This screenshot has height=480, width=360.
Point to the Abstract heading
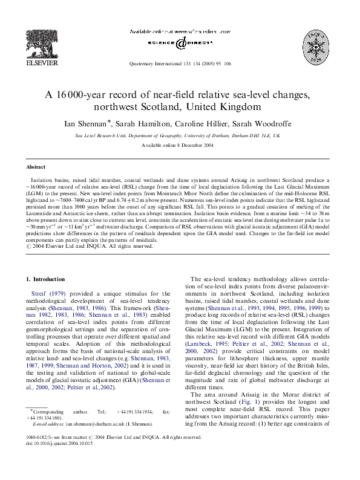[x=36, y=166]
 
